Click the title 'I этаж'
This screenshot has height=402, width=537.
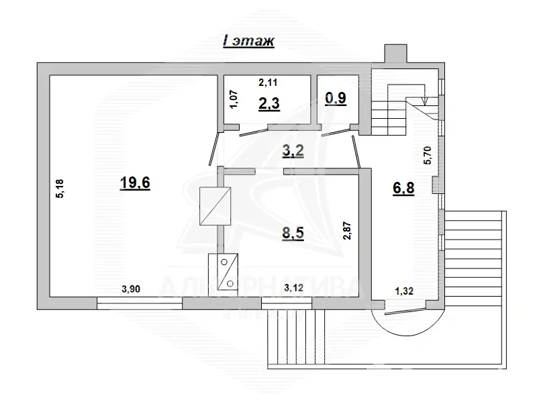[x=248, y=42]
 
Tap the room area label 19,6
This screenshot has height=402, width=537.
[x=134, y=183]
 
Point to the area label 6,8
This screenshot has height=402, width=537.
[x=403, y=189]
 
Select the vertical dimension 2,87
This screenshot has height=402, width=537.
[x=347, y=230]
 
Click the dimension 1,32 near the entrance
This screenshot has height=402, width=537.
[x=404, y=291]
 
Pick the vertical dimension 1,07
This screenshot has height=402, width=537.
[x=234, y=101]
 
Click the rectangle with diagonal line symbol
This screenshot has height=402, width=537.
[x=215, y=206]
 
